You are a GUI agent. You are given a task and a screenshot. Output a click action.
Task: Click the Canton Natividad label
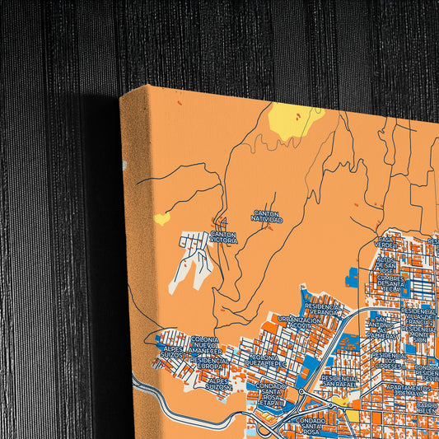(267, 217)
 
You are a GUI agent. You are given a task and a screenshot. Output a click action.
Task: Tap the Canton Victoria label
(223, 237)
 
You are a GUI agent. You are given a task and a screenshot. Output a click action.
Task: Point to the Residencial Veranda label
(321, 309)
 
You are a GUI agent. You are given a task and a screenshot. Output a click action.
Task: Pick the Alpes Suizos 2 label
(218, 382)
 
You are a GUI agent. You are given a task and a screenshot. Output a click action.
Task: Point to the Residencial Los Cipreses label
(389, 359)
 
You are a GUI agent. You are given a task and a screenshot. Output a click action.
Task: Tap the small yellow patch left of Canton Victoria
(162, 218)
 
